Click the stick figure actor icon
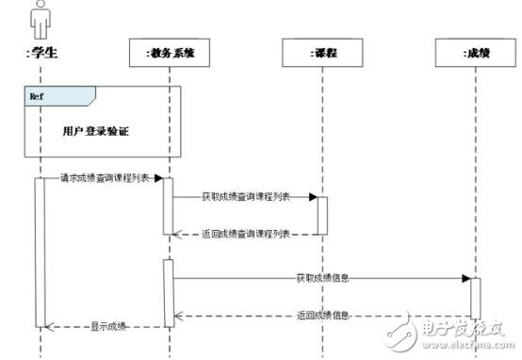click(x=40, y=19)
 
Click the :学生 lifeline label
click(x=41, y=53)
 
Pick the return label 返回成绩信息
click(x=322, y=315)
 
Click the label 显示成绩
click(x=107, y=326)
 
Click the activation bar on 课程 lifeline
click(x=322, y=215)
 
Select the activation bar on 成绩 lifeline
click(x=476, y=297)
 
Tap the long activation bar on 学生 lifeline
click(x=41, y=252)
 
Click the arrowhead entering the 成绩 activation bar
click(x=466, y=279)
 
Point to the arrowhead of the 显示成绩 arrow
click(x=50, y=327)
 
